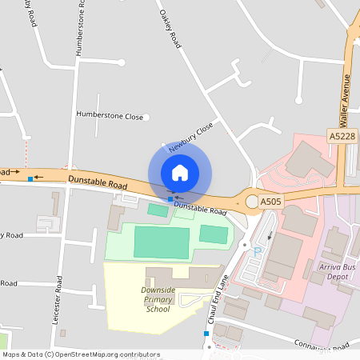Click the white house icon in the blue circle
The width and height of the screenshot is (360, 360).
[x=180, y=173]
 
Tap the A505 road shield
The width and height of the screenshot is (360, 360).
[x=270, y=203]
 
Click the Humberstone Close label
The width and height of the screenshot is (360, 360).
[x=110, y=116]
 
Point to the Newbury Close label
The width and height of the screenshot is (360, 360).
[x=191, y=137]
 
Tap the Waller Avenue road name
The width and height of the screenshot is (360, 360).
[x=346, y=101]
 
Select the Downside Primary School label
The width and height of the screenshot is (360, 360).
[x=158, y=299]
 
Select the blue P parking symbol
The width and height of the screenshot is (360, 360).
[x=258, y=251]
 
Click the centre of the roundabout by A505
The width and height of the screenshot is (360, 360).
[x=253, y=202]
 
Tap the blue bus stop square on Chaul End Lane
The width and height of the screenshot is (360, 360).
[x=206, y=333]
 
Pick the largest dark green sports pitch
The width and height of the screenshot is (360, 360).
[x=162, y=242]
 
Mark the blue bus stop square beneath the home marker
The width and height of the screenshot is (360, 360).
[x=170, y=198]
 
